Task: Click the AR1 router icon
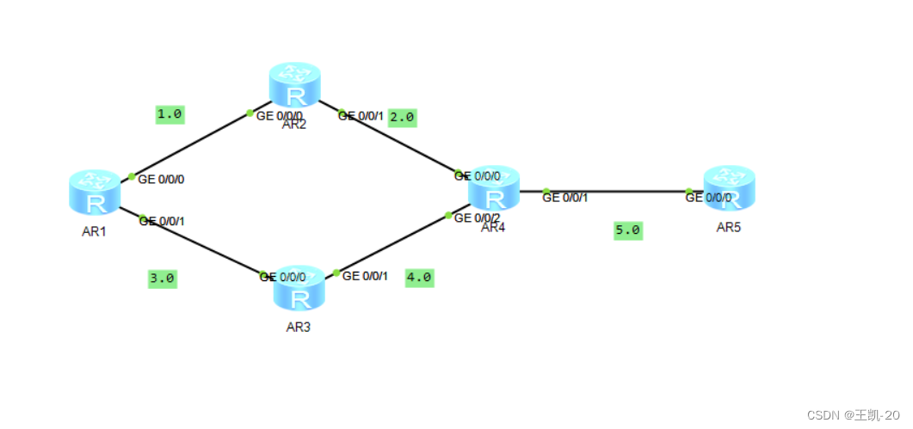[x=94, y=192]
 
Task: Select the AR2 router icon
[x=294, y=84]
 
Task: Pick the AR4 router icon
[x=494, y=188]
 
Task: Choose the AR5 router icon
[x=729, y=187]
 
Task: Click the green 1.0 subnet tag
[x=170, y=113]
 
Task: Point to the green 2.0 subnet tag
[x=402, y=117]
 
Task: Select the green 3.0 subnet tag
[x=162, y=279]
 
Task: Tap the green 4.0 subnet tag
[x=419, y=278]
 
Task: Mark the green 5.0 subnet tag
[x=627, y=230]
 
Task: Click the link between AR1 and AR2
[x=190, y=144]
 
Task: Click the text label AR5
[x=728, y=227]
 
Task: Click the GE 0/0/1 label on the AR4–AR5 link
[x=565, y=199]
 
